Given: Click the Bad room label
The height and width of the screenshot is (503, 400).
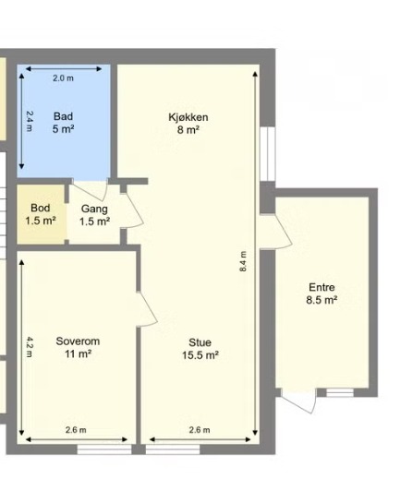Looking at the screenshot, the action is point(63,116).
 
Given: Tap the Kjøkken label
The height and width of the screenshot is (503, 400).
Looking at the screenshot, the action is point(188,117).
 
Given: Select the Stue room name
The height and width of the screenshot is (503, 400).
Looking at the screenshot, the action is point(200,342).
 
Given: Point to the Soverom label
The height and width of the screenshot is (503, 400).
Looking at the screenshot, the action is point(78,341).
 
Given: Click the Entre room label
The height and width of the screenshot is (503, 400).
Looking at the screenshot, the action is point(321,287).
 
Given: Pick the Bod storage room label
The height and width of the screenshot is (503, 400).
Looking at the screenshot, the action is point(41,208).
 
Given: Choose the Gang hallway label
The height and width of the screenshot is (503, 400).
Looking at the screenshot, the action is point(94,210).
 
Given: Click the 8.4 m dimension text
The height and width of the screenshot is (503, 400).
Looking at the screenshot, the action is point(243,261).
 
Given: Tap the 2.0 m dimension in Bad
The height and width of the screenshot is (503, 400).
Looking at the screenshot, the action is point(63,78).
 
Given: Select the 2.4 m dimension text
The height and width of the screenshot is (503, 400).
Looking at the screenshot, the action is point(30,121).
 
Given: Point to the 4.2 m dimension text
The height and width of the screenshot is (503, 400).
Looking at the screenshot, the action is point(30,347).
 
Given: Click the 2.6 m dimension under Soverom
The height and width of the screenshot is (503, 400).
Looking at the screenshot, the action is point(76,430).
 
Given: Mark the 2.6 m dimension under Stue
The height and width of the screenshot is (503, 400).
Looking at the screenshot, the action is point(200,430).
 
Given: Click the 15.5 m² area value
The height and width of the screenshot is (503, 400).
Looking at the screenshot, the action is point(200,355).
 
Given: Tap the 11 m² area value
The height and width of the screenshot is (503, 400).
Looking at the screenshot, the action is point(78,353).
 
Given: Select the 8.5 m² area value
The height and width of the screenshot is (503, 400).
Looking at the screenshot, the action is point(321,300).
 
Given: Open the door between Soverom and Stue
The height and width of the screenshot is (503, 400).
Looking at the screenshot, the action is point(146,309).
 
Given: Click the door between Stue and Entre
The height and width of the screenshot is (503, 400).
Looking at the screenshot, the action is point(276,232).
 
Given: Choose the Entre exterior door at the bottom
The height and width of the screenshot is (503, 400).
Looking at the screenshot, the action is point(297,401).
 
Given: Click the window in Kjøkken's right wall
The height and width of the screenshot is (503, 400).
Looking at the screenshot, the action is point(268,153).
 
